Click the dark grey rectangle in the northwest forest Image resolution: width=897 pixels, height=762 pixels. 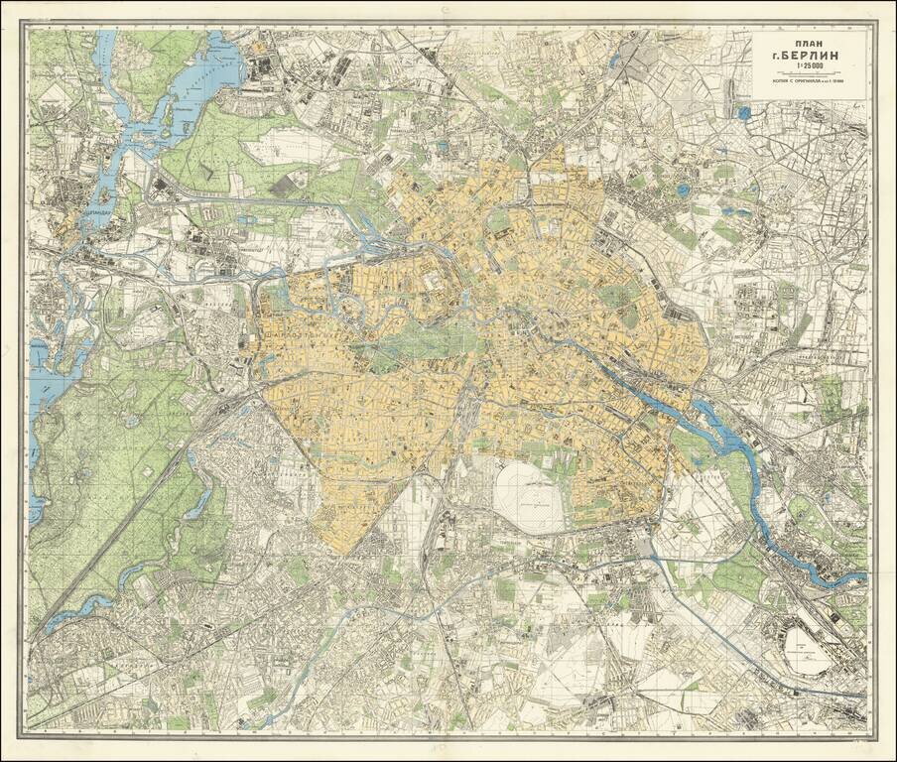point(284,185)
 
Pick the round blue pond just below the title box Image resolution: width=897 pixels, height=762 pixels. point(743,113)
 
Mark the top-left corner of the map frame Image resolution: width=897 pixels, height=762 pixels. point(27,25)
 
